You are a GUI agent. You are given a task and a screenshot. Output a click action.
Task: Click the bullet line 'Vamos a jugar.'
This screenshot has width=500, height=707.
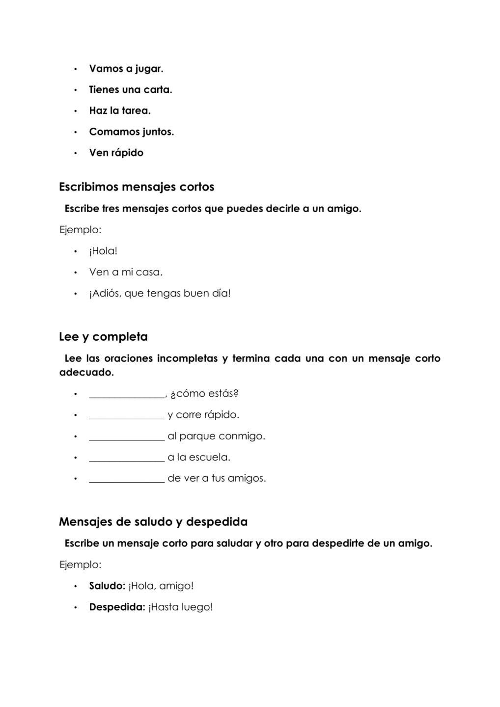126,69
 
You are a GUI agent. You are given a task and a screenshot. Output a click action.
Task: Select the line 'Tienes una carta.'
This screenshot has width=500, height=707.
130,90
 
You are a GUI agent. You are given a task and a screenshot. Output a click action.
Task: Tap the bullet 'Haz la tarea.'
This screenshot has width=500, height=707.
120,111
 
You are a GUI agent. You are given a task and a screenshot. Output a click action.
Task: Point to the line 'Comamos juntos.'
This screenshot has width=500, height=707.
131,132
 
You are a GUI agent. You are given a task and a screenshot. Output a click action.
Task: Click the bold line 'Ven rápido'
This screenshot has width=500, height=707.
116,153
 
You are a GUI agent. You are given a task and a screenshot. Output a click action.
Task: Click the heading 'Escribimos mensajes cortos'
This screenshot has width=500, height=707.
137,187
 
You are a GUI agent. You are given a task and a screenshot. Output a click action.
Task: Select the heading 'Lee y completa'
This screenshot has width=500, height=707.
103,337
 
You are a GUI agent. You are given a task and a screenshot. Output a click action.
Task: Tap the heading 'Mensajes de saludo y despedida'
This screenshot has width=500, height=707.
153,521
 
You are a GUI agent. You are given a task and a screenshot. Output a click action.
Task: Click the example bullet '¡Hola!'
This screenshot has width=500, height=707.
103,251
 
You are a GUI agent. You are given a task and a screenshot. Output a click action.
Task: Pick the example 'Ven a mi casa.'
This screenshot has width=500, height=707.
126,272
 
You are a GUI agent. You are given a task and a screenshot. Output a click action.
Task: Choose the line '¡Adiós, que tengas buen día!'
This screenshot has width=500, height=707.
160,294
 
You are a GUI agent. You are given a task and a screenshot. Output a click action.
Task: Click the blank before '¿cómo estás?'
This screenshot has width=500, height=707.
127,395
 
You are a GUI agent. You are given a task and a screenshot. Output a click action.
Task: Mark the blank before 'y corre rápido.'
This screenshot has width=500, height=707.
127,416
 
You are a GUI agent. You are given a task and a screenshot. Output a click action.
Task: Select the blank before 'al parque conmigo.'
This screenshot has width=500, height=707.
127,437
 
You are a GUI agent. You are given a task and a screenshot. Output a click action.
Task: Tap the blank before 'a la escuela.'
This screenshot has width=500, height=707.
127,459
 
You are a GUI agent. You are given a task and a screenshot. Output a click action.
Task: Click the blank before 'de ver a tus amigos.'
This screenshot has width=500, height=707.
127,480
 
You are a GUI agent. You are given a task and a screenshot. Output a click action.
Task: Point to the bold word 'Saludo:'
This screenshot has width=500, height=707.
107,586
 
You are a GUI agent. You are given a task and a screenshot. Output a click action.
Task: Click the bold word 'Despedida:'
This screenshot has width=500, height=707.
117,607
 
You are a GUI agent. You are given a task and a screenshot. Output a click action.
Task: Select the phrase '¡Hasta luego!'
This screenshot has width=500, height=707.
180,607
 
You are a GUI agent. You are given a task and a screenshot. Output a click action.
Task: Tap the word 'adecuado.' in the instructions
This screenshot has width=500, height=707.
86,372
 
